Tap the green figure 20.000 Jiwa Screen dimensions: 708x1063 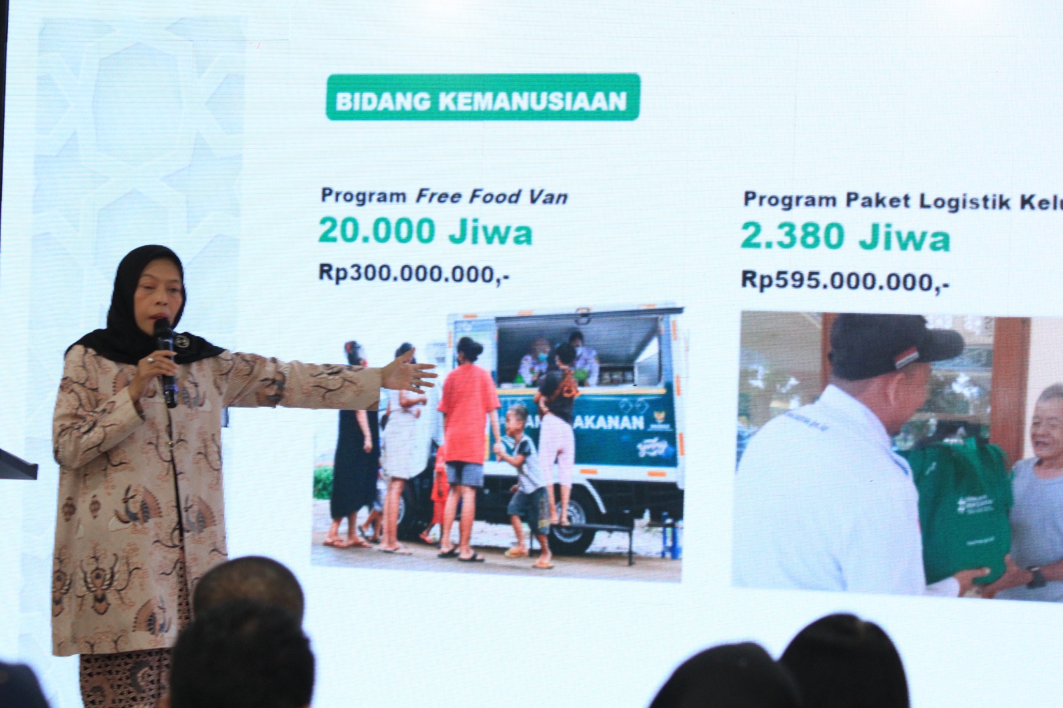(x=425, y=232)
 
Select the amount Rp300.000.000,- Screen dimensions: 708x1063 (x=414, y=274)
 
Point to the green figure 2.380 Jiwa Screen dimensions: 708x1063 (x=845, y=237)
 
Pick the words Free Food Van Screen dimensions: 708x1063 (x=492, y=197)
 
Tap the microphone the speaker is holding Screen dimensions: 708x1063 (x=165, y=359)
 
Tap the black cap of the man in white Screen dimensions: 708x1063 (x=890, y=345)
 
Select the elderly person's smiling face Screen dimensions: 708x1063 (x=1048, y=418)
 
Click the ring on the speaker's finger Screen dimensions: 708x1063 (x=151, y=359)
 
